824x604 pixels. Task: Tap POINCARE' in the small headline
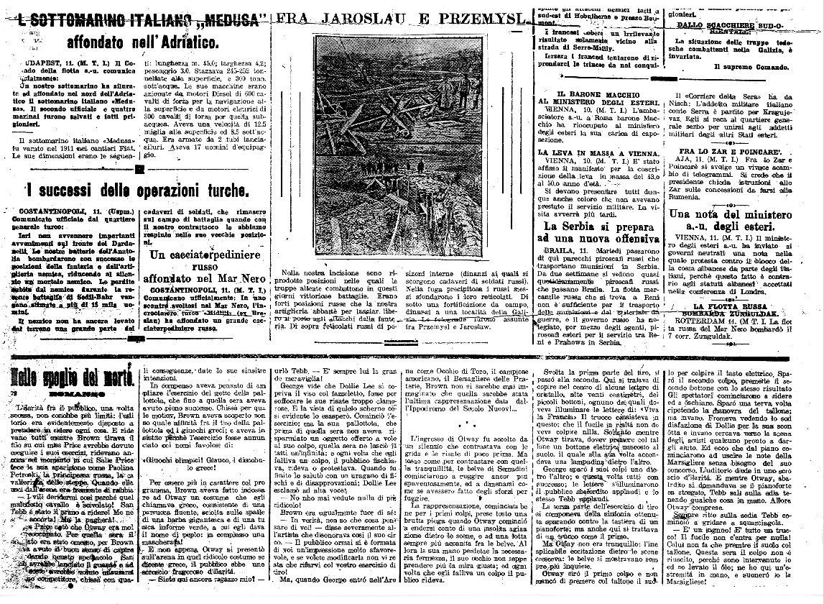[x=766, y=152]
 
